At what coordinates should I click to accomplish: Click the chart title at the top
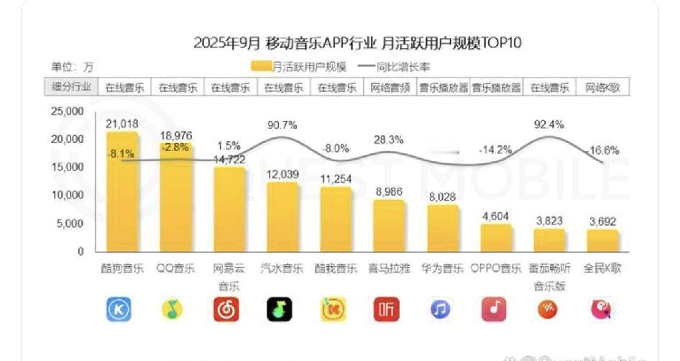click(x=357, y=43)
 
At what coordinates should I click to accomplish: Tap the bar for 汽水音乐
click(x=282, y=216)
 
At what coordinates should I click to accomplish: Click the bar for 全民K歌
click(x=602, y=240)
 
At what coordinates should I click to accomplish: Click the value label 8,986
click(x=389, y=191)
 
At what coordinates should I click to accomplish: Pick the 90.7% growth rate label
click(x=282, y=124)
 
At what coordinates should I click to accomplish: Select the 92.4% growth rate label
click(x=549, y=124)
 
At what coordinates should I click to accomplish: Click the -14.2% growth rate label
click(x=495, y=150)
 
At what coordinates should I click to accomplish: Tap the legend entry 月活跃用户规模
click(x=299, y=67)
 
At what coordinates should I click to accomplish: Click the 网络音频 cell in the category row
click(x=389, y=88)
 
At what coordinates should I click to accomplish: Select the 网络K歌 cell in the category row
click(x=602, y=88)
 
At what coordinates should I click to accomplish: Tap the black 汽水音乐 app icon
click(x=282, y=309)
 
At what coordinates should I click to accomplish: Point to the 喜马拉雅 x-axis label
click(x=389, y=269)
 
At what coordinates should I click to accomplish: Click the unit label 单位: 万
click(x=72, y=67)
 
